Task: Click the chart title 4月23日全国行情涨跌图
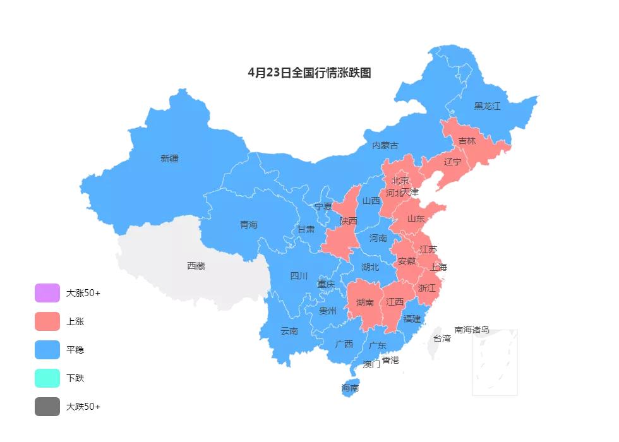[309, 73]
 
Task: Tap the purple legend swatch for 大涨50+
[47, 293]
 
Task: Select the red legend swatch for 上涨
[47, 321]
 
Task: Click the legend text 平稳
[75, 350]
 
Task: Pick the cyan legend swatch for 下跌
[47, 378]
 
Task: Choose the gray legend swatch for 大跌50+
[47, 407]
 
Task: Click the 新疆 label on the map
[169, 158]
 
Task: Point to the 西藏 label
[196, 266]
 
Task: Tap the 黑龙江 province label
[487, 106]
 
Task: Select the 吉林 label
[467, 141]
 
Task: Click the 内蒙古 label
[385, 145]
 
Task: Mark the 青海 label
[249, 224]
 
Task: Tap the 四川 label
[299, 275]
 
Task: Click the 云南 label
[289, 331]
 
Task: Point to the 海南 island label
[350, 388]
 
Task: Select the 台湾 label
[442, 338]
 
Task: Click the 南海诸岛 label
[472, 330]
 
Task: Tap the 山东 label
[416, 218]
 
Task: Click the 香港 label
[390, 360]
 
